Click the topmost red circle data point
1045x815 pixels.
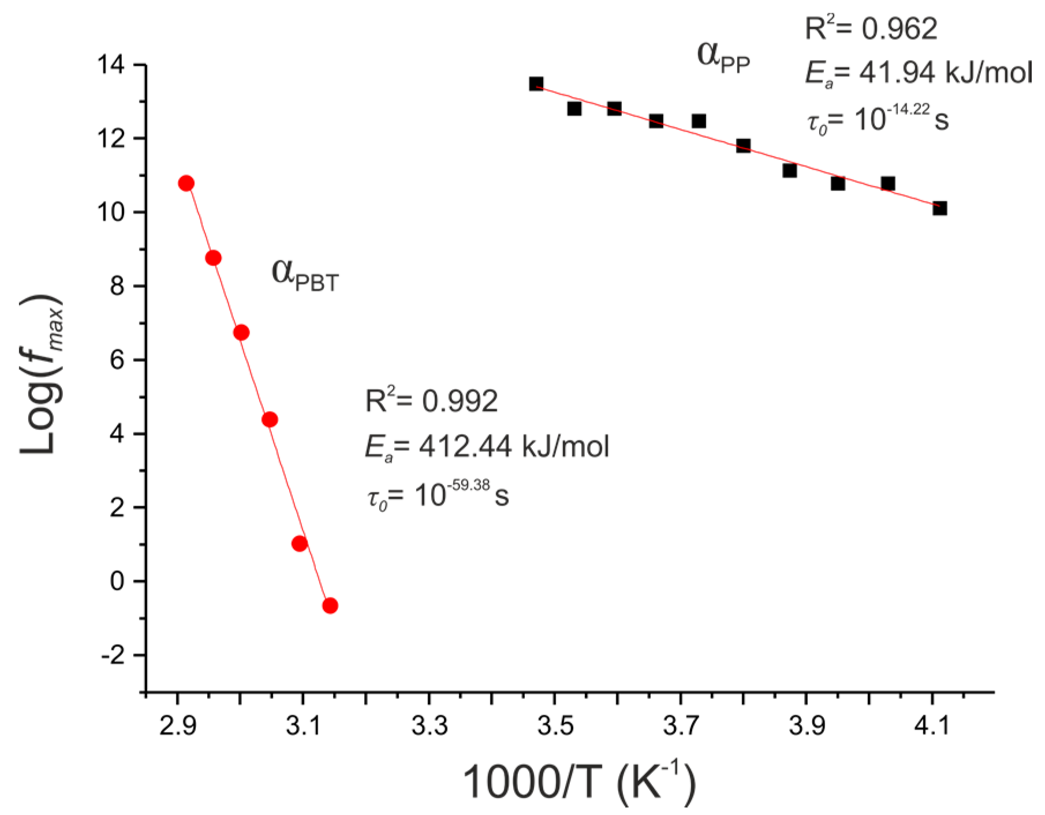[186, 184]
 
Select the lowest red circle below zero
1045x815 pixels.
[330, 605]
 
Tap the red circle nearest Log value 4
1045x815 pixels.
[270, 420]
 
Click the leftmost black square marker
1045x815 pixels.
[536, 84]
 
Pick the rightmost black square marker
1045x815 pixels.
[939, 208]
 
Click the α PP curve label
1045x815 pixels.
[723, 58]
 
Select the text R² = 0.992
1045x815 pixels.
[431, 400]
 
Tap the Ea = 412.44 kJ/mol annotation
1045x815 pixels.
[487, 447]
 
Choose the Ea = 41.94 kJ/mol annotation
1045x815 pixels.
[918, 74]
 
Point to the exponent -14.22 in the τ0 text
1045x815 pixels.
[909, 110]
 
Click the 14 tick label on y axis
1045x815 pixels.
[111, 65]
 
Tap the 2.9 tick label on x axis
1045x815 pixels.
[177, 726]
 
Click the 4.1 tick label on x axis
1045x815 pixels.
[931, 726]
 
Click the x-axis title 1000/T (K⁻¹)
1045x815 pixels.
[579, 783]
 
